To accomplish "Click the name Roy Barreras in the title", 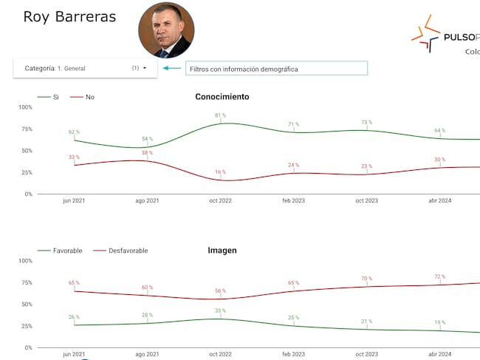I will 69,16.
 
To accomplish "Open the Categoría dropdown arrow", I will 145,68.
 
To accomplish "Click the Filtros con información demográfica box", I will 275,68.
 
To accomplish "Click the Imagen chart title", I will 222,251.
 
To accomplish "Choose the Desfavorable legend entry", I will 128,251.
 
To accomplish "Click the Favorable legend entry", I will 68,251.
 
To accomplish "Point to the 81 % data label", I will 220,115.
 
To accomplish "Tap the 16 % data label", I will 220,172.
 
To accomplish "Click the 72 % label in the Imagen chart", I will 440,276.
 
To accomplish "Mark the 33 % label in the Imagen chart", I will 220,311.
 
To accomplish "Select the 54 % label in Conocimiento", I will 148,139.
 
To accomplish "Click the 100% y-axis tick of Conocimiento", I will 25,107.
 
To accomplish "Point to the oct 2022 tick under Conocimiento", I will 220,200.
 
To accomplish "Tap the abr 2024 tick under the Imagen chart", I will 440,354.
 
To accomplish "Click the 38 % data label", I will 148,153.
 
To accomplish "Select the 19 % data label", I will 440,322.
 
